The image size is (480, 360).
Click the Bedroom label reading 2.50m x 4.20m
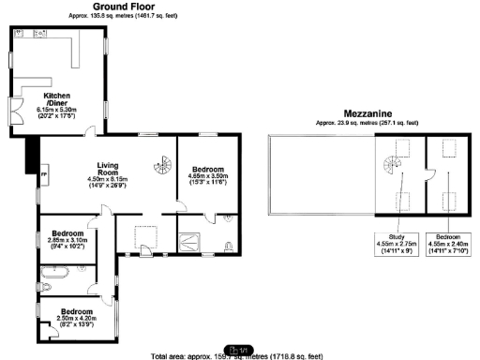pos(76,317)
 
